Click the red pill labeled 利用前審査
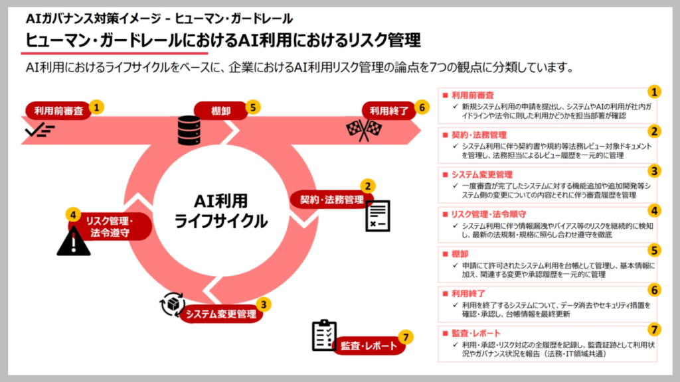[x=58, y=111]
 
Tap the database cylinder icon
[x=189, y=131]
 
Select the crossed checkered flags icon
[x=364, y=129]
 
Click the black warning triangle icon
[x=74, y=241]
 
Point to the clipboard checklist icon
[x=324, y=335]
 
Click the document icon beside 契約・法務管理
[x=378, y=216]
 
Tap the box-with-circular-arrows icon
[x=172, y=304]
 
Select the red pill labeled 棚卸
[x=220, y=111]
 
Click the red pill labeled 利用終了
[x=389, y=111]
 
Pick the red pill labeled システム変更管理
[x=221, y=314]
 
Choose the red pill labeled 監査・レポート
[x=369, y=346]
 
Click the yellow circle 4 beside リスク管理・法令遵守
[x=73, y=215]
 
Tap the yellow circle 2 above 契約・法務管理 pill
[x=368, y=186]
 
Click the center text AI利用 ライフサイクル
[x=220, y=211]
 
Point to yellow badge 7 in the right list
[x=654, y=330]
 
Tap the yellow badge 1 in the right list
[x=654, y=92]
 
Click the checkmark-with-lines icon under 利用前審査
[x=40, y=130]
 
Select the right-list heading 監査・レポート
[x=476, y=333]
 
